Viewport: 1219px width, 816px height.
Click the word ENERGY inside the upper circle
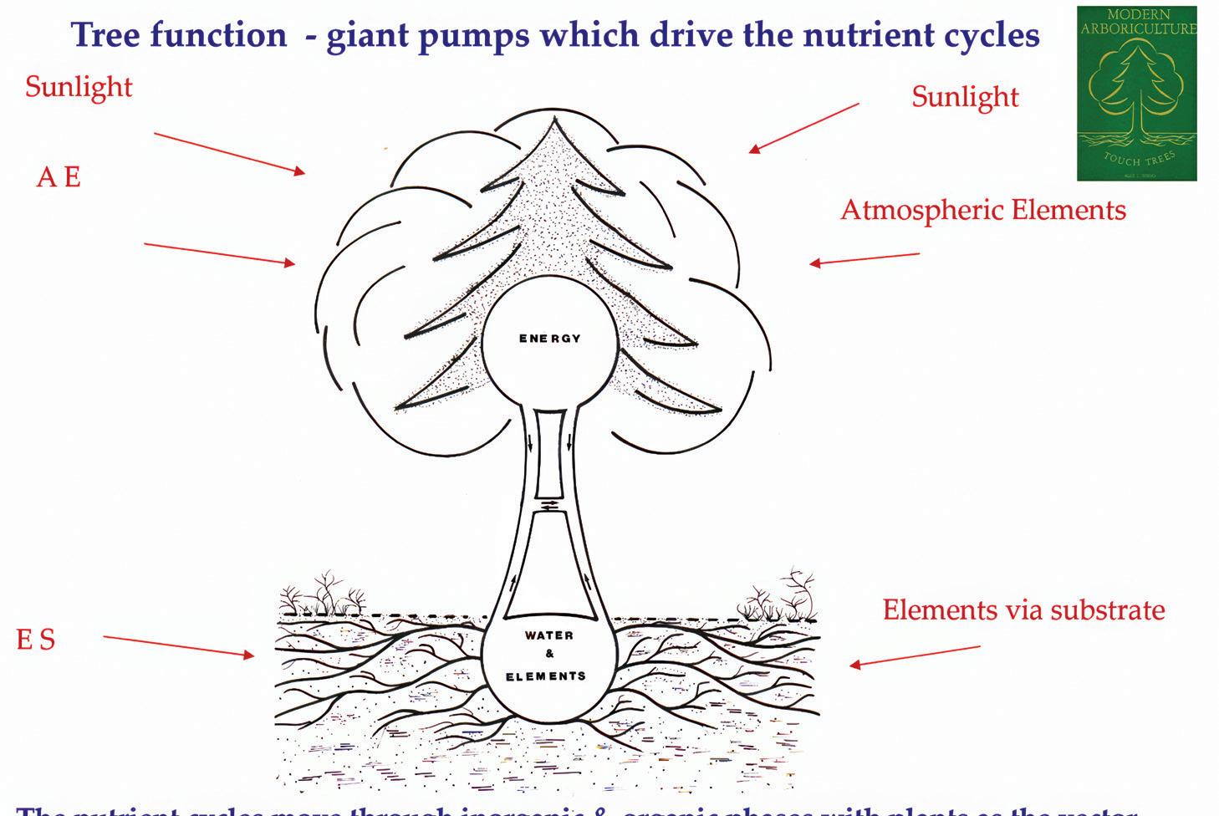click(x=549, y=339)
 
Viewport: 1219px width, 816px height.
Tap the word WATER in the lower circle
click(x=549, y=635)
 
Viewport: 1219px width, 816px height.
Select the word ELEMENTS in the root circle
click(x=546, y=676)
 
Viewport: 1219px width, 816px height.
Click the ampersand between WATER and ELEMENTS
click(x=549, y=655)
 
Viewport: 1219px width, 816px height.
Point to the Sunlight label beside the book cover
click(x=965, y=97)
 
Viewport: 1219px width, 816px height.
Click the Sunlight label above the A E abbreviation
click(x=79, y=86)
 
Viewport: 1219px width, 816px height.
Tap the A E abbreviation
click(x=59, y=177)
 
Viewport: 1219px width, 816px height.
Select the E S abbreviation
click(x=36, y=640)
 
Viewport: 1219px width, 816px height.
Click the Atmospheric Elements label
click(x=982, y=209)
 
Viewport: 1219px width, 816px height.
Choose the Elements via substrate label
click(x=1023, y=609)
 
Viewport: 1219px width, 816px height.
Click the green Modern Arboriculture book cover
click(x=1136, y=94)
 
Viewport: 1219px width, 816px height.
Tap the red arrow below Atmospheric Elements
click(x=864, y=259)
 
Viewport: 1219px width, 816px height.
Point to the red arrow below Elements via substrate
click(x=915, y=656)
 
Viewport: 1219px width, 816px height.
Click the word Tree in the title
click(x=105, y=34)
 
